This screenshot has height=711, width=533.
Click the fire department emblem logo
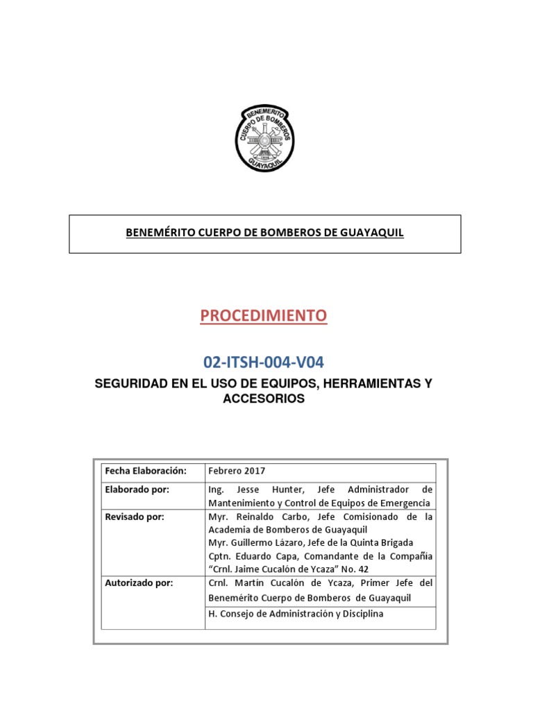(x=266, y=138)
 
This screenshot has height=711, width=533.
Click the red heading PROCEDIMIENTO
(x=263, y=316)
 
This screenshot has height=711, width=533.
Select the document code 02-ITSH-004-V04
(x=263, y=362)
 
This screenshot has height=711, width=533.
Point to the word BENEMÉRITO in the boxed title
(x=158, y=233)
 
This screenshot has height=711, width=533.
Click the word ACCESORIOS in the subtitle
(x=263, y=399)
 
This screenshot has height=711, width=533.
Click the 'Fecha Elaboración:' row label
(x=146, y=471)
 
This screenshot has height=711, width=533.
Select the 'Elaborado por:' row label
(x=137, y=489)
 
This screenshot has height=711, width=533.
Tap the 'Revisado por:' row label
(x=135, y=517)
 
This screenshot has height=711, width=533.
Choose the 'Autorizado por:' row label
(x=139, y=583)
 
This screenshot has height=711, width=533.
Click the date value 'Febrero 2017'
(x=237, y=471)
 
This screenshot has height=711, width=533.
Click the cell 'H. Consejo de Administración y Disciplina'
(x=296, y=614)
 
